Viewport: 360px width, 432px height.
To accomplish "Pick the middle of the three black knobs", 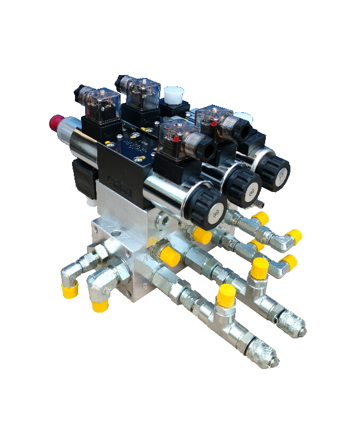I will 242,183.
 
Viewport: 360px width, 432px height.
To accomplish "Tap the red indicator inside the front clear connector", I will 175,136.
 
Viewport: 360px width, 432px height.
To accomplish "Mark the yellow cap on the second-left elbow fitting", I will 100,305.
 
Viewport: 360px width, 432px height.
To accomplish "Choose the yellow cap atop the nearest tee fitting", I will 226,294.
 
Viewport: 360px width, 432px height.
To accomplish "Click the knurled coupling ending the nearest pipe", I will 265,356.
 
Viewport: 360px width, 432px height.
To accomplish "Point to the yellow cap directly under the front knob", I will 202,236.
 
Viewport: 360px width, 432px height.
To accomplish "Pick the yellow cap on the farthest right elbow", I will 293,236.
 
